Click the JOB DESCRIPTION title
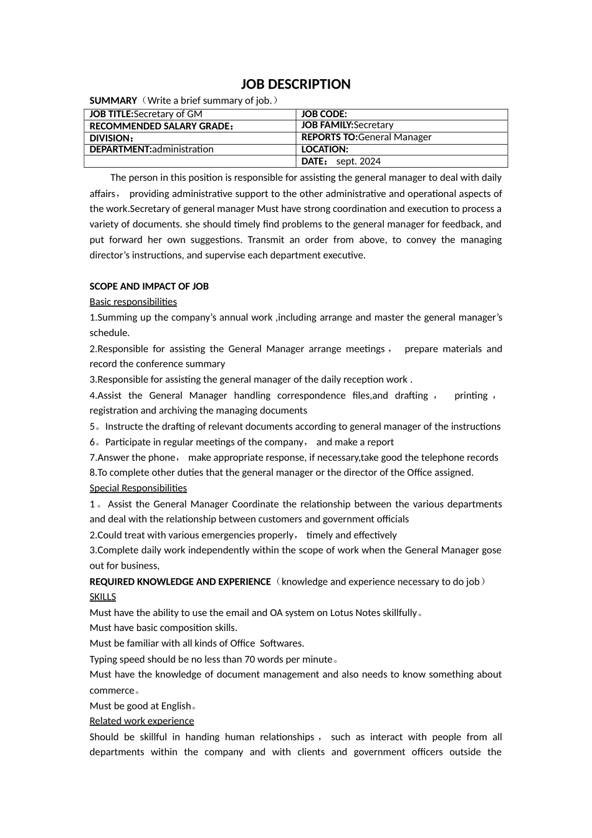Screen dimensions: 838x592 295,84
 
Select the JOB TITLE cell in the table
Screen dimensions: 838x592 190,114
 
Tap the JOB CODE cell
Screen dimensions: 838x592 402,114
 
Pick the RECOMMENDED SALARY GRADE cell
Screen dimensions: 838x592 190,126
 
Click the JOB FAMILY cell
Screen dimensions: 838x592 402,125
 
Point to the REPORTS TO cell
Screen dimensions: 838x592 402,137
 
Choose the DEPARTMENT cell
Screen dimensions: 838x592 190,149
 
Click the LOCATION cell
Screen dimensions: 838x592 402,149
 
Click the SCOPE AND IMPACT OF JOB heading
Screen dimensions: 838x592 149,286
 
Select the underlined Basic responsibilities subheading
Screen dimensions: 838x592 133,302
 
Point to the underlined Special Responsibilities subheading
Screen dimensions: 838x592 138,488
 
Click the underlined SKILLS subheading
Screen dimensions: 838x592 103,597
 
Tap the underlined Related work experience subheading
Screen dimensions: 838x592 141,721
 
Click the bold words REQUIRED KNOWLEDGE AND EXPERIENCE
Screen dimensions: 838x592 180,582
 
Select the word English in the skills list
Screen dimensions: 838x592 176,706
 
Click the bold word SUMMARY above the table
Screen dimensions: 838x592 113,100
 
